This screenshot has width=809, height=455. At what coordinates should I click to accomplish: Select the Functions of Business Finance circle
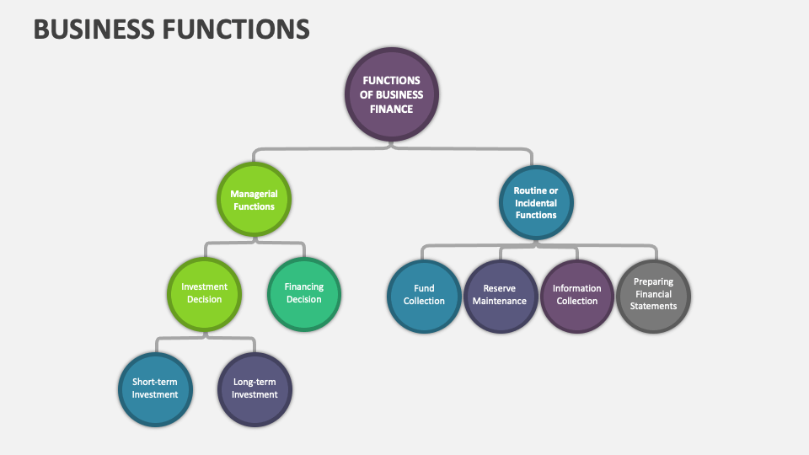tap(392, 94)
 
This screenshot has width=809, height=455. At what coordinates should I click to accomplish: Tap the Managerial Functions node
tap(254, 200)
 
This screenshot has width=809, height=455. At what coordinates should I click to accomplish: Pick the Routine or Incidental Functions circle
tap(536, 202)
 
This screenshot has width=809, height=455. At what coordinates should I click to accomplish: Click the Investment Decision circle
tap(204, 293)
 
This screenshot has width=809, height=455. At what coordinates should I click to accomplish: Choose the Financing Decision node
tap(304, 293)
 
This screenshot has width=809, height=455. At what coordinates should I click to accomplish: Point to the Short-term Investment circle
tap(155, 388)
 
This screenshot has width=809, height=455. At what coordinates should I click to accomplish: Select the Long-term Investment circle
tap(254, 388)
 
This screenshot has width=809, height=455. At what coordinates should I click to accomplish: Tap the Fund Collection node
tap(424, 295)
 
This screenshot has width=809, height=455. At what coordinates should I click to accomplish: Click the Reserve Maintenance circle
tap(500, 295)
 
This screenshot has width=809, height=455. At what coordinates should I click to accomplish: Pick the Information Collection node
tap(577, 295)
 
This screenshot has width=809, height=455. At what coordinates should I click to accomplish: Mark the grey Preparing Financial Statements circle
tap(654, 295)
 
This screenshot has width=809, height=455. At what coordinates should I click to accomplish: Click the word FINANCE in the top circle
tap(392, 109)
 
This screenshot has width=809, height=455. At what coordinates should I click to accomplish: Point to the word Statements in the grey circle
tap(654, 307)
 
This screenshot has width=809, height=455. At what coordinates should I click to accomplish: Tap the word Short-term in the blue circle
tap(155, 382)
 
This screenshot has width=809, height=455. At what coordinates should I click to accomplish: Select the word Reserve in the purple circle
tap(500, 288)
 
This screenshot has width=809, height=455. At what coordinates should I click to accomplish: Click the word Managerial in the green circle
tap(254, 194)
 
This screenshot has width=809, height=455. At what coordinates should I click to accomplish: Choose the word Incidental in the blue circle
tap(536, 203)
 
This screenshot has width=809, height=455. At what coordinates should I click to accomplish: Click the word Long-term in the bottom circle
tap(254, 382)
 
